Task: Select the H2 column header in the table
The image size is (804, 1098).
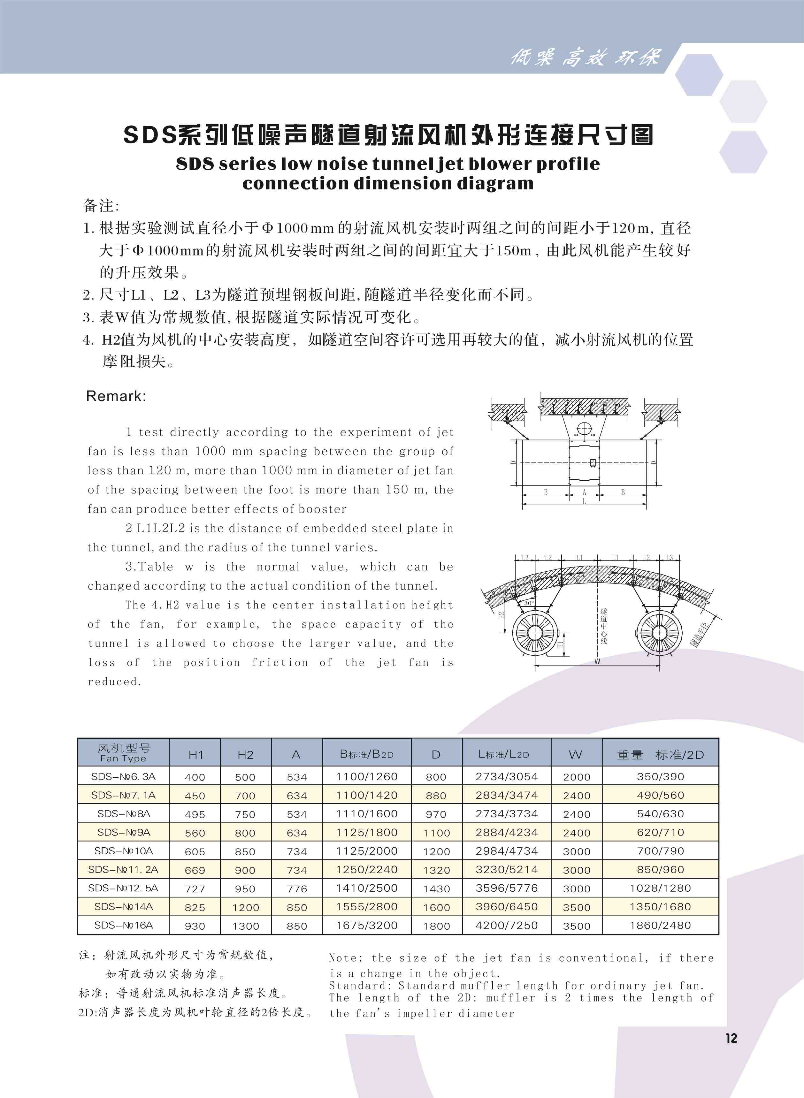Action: click(245, 755)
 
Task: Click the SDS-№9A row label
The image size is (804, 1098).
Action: click(124, 832)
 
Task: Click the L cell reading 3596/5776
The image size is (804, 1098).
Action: click(506, 888)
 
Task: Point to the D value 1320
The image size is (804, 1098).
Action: click(436, 870)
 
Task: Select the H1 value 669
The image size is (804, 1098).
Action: click(195, 870)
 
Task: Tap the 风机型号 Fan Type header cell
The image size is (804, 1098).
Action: click(124, 752)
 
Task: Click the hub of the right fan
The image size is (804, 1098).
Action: click(659, 632)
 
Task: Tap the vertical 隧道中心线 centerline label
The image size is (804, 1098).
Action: click(603, 626)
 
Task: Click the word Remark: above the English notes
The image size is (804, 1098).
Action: click(116, 396)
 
